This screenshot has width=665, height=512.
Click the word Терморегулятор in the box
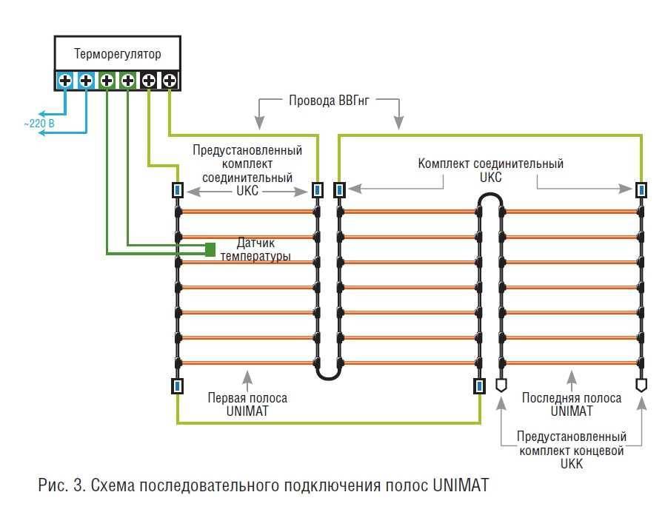click(117, 54)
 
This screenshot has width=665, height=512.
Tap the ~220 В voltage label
click(39, 124)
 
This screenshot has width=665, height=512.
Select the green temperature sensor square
click(210, 249)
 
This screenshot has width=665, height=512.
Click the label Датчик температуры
click(254, 249)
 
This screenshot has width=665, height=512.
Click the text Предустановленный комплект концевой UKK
click(571, 450)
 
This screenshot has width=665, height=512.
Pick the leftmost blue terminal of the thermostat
click(65, 80)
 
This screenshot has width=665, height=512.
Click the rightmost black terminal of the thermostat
click(169, 80)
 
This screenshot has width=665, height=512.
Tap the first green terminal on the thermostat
click(107, 80)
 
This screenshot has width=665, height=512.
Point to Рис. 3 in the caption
click(56, 486)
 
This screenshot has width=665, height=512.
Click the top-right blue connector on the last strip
click(641, 190)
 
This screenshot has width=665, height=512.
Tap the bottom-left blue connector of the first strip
click(178, 385)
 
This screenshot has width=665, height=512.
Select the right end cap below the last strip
click(641, 385)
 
